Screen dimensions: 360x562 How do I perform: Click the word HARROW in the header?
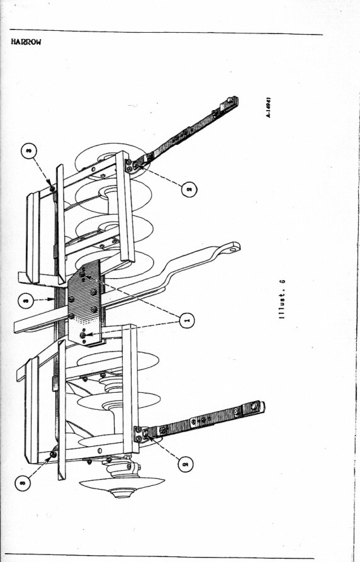(x=26, y=42)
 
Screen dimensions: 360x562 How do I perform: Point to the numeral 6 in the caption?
(x=283, y=281)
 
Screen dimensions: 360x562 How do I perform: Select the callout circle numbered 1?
(x=186, y=320)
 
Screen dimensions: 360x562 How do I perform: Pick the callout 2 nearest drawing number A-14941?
(x=189, y=189)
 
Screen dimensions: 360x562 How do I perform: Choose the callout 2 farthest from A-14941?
(x=186, y=464)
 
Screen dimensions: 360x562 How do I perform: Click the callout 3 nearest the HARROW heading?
(x=29, y=151)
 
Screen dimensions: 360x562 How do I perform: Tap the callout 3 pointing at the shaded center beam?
(x=26, y=300)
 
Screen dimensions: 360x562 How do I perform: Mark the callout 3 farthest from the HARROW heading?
(x=23, y=483)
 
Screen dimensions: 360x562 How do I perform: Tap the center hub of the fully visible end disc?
(x=122, y=493)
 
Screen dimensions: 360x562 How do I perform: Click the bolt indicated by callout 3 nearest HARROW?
(x=52, y=189)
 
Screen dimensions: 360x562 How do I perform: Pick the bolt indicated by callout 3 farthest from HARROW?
(x=53, y=454)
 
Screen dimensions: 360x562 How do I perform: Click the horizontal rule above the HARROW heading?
(x=166, y=32)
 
